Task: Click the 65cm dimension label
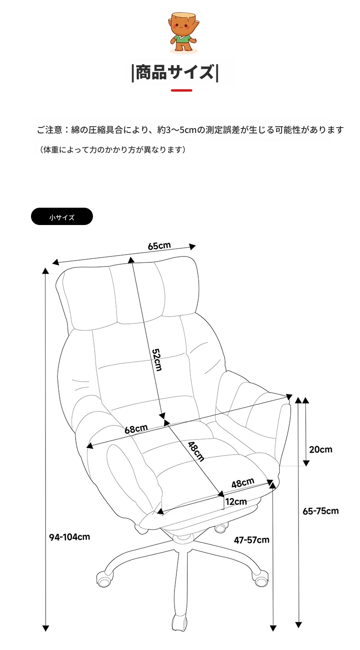tap(159, 246)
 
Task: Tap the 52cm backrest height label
tap(157, 360)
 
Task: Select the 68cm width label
tap(136, 429)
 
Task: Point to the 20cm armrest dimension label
tap(320, 450)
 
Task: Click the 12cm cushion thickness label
tap(236, 502)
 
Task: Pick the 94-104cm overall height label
tap(69, 537)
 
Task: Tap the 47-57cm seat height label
tap(252, 540)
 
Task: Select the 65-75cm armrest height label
tap(320, 511)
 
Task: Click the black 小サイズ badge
tap(62, 216)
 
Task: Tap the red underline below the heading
tap(181, 91)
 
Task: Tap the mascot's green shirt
tap(183, 39)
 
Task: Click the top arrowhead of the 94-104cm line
tap(45, 271)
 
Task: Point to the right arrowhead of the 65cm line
tap(192, 246)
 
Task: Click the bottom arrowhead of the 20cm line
tap(306, 463)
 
